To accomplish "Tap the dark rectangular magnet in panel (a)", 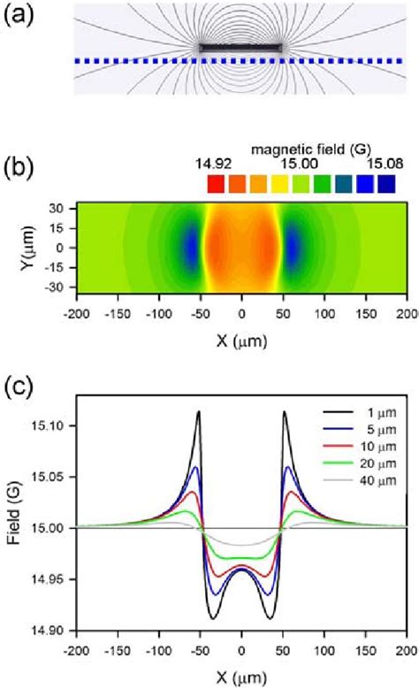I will pos(241,47).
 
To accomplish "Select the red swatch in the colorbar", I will pos(216,184).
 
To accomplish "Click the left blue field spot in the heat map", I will pos(190,249).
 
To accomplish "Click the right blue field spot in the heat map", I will pos(293,249).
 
